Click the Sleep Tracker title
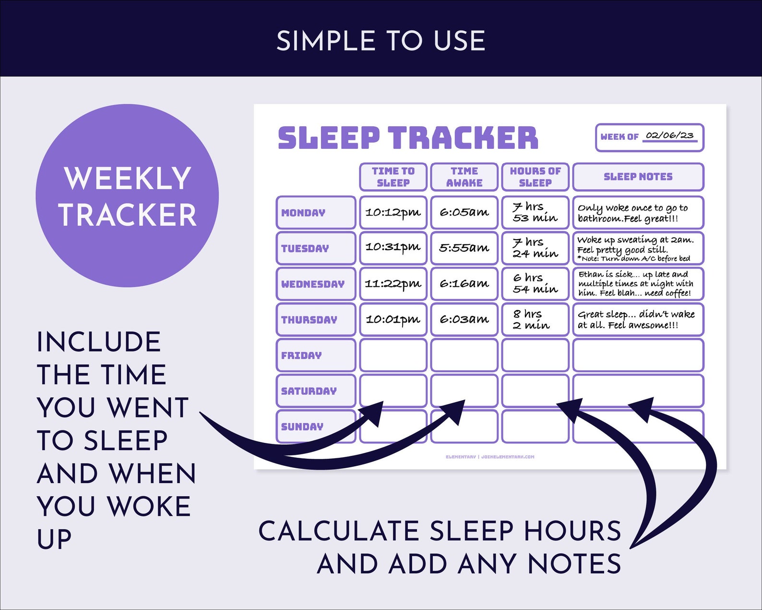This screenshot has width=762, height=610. [408, 138]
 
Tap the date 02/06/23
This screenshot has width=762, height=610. [669, 135]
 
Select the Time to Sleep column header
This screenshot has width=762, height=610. [393, 177]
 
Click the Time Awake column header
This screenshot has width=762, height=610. [464, 177]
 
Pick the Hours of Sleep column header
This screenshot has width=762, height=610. [535, 177]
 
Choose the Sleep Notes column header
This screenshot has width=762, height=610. [638, 177]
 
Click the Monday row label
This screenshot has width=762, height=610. [315, 212]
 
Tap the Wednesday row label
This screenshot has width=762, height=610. [315, 284]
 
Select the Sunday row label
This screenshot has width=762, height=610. [315, 427]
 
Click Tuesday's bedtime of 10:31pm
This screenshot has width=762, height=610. [393, 247]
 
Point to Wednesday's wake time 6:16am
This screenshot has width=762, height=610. [464, 284]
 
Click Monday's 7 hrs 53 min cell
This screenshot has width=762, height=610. [535, 212]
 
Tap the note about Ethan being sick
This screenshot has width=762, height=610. [635, 283]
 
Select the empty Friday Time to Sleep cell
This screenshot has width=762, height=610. [393, 355]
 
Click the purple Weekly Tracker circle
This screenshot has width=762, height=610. [127, 195]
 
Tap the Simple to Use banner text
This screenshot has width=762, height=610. [381, 41]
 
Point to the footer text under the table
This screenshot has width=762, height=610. [489, 457]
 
